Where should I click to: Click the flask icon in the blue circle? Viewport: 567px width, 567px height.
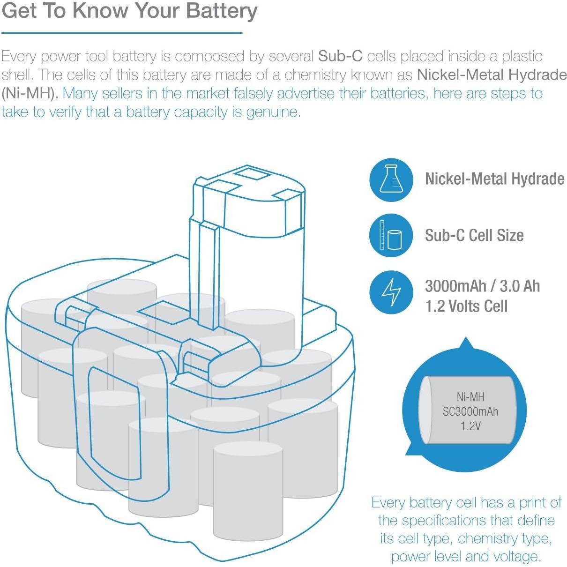click(x=391, y=179)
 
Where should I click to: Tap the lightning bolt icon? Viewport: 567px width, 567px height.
click(x=391, y=292)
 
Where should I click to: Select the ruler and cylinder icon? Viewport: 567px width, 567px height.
click(x=391, y=235)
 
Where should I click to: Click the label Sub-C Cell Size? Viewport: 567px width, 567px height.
click(x=474, y=235)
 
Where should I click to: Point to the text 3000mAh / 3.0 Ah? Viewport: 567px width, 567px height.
click(x=482, y=286)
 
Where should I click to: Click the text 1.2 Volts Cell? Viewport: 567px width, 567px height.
click(x=466, y=306)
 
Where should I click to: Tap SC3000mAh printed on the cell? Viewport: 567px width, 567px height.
click(x=470, y=411)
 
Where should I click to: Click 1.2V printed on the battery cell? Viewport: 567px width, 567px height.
click(x=470, y=426)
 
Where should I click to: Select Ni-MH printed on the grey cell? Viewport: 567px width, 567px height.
click(x=470, y=397)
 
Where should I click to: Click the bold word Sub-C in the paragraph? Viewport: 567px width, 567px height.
click(x=340, y=56)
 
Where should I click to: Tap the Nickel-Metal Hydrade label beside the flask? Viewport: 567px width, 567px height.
click(x=494, y=179)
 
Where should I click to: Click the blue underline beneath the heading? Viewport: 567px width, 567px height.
click(x=122, y=33)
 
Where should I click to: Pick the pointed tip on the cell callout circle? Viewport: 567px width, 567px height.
click(x=465, y=341)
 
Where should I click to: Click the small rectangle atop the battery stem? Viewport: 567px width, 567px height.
click(x=252, y=174)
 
